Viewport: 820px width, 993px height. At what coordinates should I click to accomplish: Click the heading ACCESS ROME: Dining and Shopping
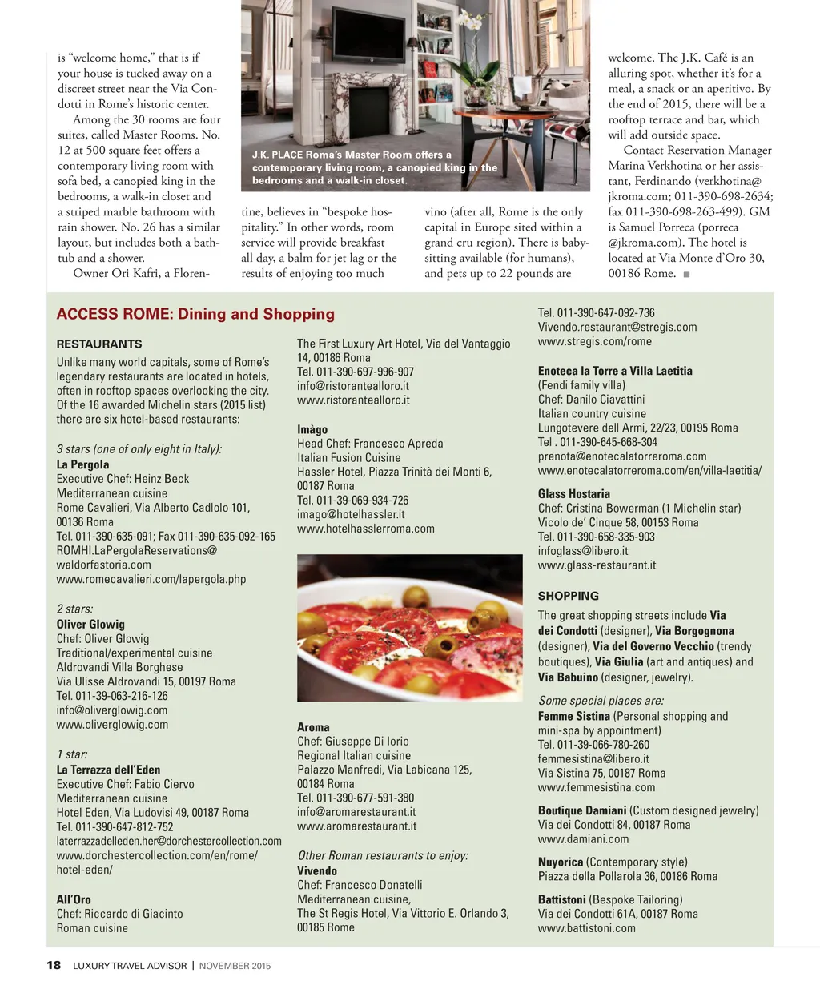195,314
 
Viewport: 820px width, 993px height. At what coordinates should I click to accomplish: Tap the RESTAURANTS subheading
99,344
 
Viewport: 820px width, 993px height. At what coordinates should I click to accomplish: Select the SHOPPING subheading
569,596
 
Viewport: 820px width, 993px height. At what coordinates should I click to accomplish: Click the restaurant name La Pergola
83,464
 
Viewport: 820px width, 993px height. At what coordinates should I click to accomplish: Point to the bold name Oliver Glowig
90,624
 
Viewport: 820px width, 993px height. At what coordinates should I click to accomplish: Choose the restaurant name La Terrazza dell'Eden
108,770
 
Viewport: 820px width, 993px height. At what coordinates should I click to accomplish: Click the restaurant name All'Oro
74,899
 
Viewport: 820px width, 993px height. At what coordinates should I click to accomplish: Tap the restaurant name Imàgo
312,429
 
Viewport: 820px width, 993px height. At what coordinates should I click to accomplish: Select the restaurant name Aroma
313,727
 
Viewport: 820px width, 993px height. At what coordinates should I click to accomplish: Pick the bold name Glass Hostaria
574,494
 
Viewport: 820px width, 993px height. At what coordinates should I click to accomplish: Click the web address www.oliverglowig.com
112,725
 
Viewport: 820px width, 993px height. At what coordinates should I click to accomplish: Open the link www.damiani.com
583,839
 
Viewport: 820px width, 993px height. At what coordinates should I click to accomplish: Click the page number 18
54,965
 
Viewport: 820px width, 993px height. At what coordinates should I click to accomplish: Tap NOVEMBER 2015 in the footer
235,966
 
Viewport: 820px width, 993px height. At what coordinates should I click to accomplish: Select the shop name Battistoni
562,899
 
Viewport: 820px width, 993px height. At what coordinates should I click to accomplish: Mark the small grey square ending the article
686,274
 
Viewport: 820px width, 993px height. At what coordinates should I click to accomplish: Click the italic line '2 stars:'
75,609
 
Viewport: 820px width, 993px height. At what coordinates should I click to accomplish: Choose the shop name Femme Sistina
574,716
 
